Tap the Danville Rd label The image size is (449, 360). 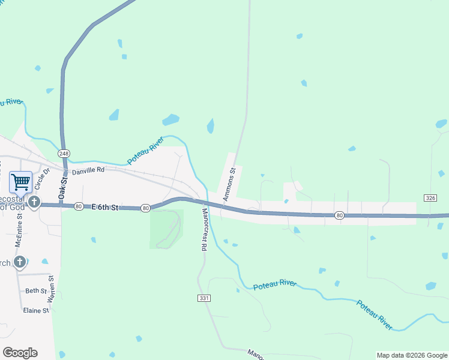pos(88,170)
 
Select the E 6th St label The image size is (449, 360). pos(106,207)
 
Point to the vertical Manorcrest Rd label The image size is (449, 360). pos(203,230)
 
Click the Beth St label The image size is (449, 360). pos(35,291)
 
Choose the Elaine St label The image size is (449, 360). pos(35,311)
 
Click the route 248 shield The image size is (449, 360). pos(64,153)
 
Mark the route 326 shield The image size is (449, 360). pos(430,197)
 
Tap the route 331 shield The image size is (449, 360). pos(203,298)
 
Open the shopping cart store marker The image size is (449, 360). pos(20,181)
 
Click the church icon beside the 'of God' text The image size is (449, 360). pos(34,202)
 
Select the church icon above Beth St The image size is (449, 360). pos(20,262)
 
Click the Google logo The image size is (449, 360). pos(20,352)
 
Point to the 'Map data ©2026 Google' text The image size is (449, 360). pos(411,355)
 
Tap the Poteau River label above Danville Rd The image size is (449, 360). pos(146,151)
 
